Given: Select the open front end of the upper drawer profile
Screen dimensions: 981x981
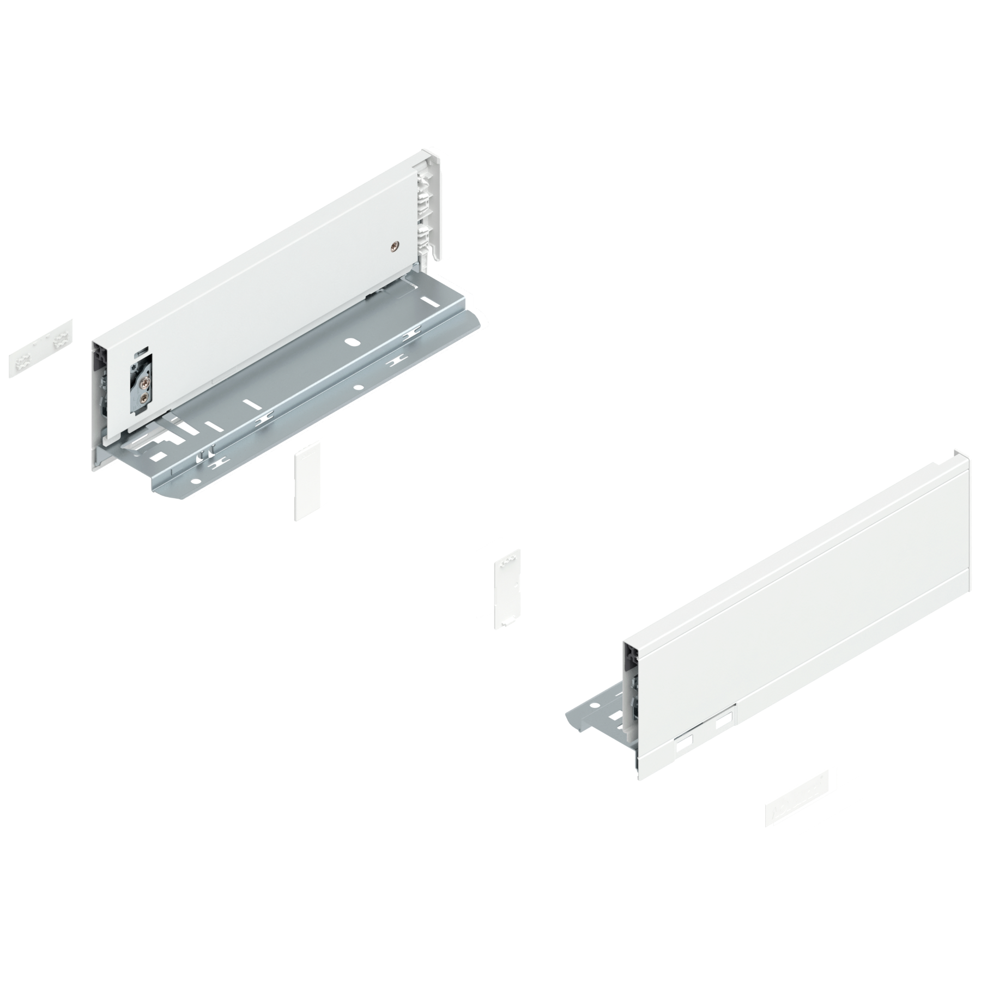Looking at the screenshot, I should (104, 403).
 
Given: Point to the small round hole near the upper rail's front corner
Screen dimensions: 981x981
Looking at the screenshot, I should (195, 482).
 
